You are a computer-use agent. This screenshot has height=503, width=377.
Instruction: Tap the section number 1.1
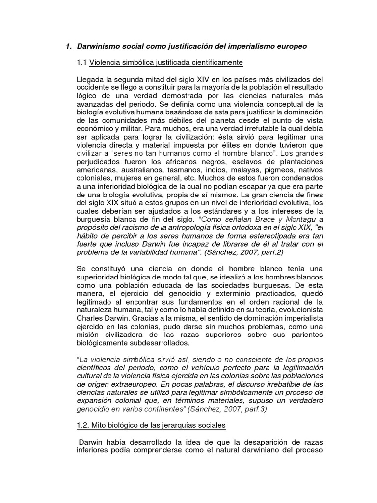(81, 63)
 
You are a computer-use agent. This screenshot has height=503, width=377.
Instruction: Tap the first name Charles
(93, 310)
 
